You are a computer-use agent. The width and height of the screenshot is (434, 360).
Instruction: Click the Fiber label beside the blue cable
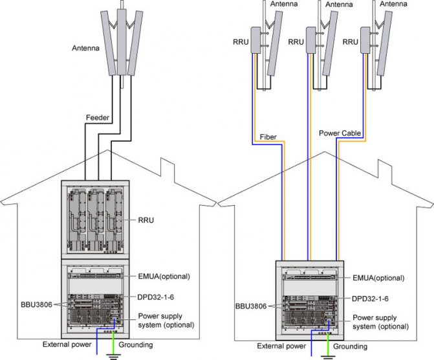pos(268,137)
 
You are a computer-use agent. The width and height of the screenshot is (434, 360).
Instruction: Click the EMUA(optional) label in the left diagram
pos(163,276)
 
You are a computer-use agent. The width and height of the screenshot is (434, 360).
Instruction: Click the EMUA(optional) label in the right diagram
pos(377,277)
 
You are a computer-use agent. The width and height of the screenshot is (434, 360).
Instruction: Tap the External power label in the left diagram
pos(66,344)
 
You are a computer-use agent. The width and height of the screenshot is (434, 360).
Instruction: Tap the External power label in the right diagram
pos(280,345)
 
